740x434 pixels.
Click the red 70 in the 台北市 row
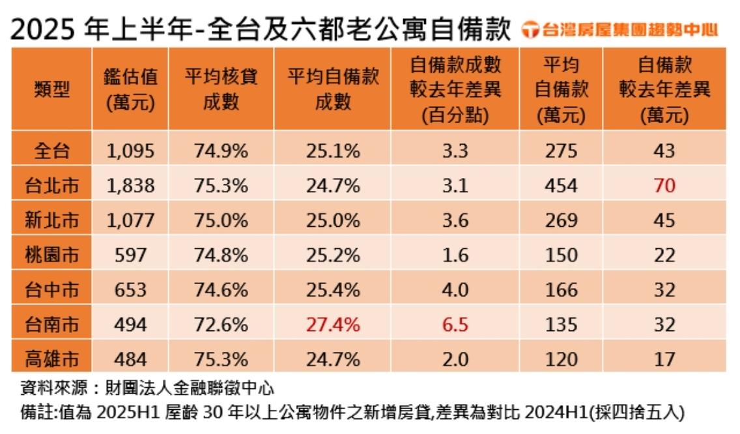(x=664, y=186)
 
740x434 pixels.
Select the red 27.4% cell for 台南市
(x=332, y=325)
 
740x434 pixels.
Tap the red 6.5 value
(x=455, y=325)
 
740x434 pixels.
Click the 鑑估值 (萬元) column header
(x=130, y=90)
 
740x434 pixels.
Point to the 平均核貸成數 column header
(x=221, y=90)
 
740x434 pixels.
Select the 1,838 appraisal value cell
(x=130, y=186)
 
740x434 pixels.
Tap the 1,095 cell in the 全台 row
(x=130, y=151)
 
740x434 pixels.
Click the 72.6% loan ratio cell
(x=221, y=325)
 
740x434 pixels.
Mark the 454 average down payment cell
(x=561, y=186)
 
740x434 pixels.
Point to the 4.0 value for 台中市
(x=455, y=289)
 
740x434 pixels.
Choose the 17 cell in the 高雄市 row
(x=664, y=359)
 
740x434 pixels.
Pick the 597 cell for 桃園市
(x=130, y=255)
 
